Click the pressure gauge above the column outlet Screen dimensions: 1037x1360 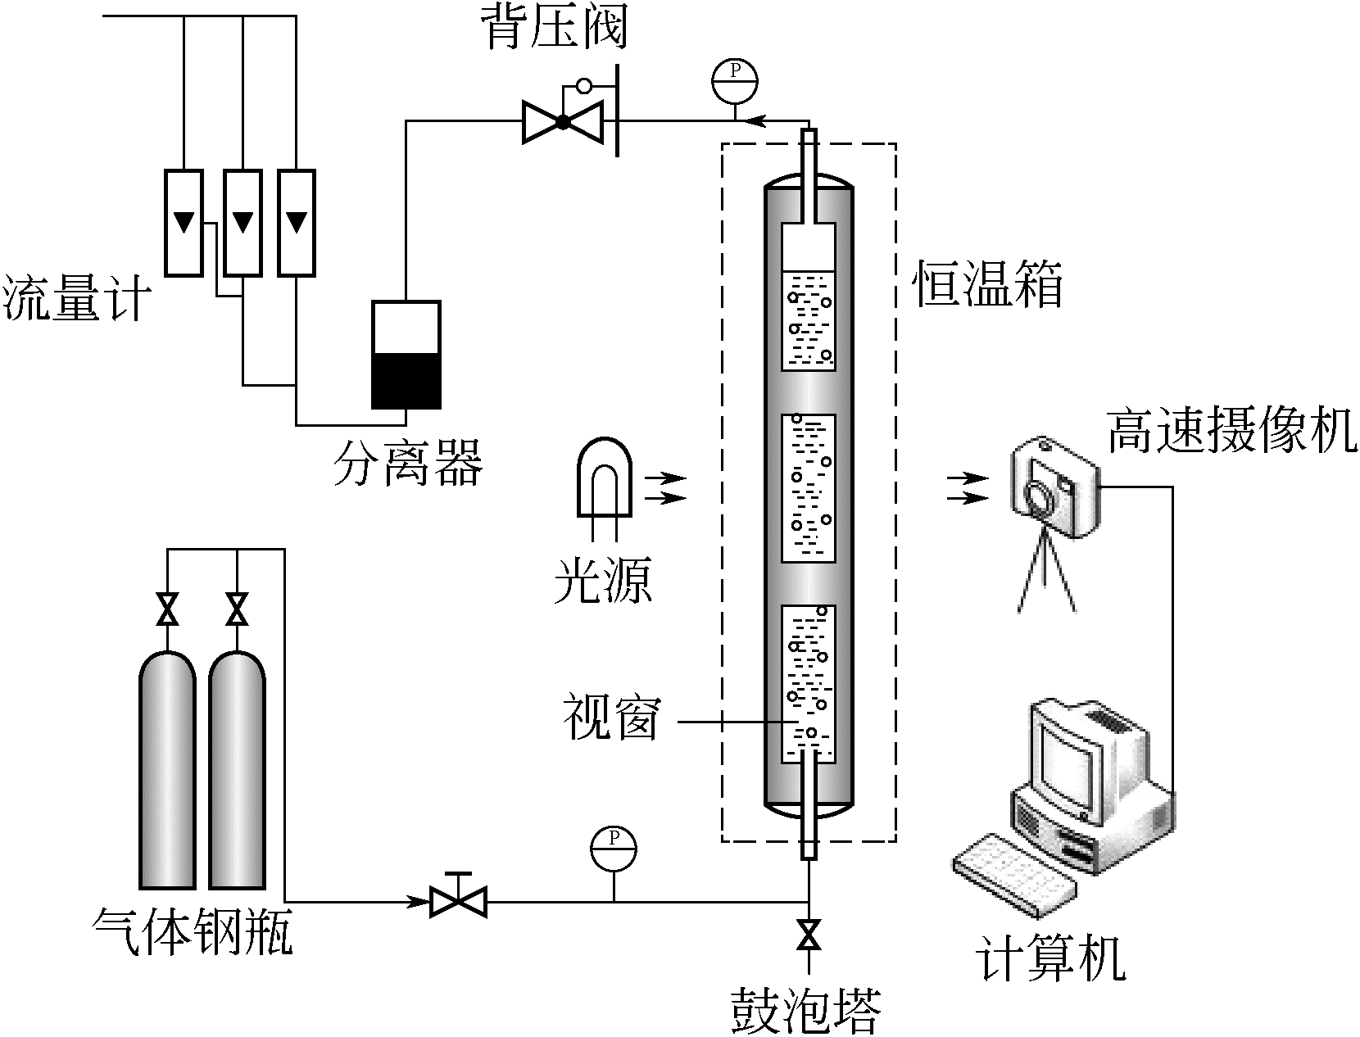[x=735, y=79]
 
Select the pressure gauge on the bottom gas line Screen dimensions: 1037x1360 [x=614, y=849]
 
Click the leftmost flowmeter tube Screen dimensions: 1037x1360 [x=184, y=222]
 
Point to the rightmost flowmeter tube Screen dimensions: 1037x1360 [x=296, y=222]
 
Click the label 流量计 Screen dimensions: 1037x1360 [x=78, y=298]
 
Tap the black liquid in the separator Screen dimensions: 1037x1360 [x=406, y=381]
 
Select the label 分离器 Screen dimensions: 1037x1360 [x=406, y=462]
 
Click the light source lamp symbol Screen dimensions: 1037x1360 [x=605, y=479]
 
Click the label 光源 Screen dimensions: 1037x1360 [x=603, y=581]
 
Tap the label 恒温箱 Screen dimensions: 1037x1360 [x=988, y=285]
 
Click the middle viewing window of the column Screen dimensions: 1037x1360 [x=808, y=488]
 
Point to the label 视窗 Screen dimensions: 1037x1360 [x=610, y=718]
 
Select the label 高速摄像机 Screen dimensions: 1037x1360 [x=1231, y=432]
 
